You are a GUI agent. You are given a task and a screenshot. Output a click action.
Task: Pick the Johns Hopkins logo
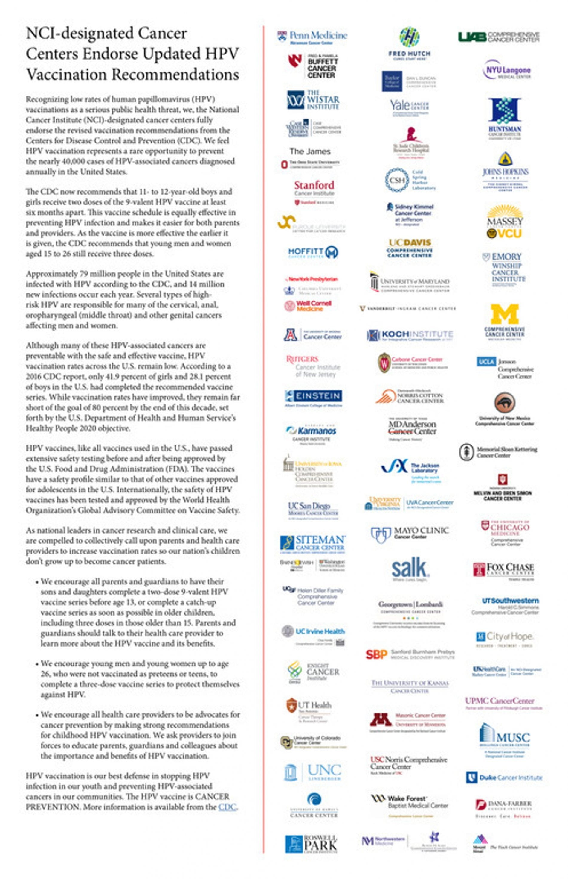[x=505, y=172]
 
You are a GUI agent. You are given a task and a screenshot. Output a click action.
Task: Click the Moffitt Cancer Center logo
[x=313, y=252]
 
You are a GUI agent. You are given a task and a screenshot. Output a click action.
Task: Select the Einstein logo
[x=314, y=396]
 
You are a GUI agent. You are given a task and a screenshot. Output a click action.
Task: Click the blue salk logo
[x=409, y=568]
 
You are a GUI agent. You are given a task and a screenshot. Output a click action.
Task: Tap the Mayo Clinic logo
[x=409, y=533]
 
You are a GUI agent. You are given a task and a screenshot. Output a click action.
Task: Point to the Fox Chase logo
[x=503, y=569]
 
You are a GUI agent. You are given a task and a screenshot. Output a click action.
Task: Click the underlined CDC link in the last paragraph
[x=227, y=807]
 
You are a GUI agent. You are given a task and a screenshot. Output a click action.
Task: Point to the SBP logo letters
[x=376, y=654]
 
